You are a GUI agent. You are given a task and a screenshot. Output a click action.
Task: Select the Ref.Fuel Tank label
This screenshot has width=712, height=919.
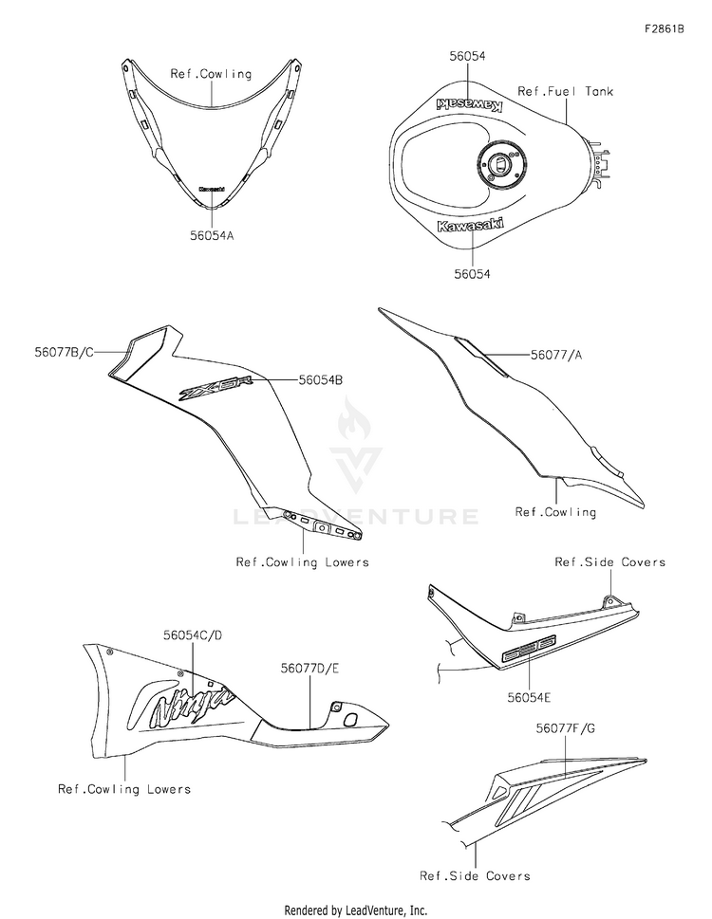click(x=565, y=92)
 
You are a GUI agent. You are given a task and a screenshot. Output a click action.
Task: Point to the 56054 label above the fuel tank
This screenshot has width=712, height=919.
click(x=467, y=57)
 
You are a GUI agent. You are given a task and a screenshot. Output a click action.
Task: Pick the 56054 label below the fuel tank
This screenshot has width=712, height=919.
click(x=472, y=274)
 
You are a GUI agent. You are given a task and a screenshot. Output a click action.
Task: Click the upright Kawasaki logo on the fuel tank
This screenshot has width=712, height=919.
click(x=471, y=226)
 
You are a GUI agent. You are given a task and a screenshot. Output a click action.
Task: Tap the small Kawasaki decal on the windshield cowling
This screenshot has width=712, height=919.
click(x=212, y=189)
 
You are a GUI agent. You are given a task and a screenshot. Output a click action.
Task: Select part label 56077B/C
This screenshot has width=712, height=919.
click(x=63, y=351)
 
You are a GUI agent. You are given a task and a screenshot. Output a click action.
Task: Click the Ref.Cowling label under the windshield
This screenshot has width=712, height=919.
click(x=211, y=73)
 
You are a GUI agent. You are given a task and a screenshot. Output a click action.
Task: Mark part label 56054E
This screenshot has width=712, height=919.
click(x=530, y=697)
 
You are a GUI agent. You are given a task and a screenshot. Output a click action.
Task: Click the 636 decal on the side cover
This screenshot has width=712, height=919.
click(x=528, y=652)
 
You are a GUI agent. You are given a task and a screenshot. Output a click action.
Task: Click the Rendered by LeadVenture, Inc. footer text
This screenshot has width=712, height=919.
click(x=356, y=910)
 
